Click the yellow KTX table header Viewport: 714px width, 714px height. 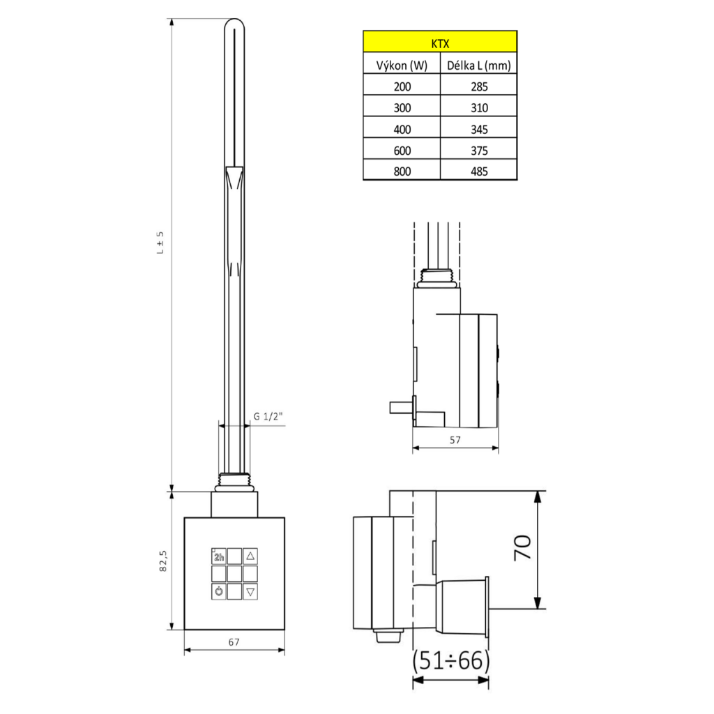coord(439,43)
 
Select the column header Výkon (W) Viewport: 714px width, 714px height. coord(402,66)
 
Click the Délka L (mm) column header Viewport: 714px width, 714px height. coord(478,66)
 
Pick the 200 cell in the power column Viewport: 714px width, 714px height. coord(402,86)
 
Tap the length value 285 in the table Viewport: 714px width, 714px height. coord(478,86)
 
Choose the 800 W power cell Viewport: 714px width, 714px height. coord(402,171)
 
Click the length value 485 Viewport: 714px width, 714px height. coord(478,171)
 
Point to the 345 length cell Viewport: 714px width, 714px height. coord(478,129)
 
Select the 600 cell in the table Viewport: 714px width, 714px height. coord(402,150)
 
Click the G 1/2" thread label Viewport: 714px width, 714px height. coord(268,416)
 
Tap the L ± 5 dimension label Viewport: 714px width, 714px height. coord(160,242)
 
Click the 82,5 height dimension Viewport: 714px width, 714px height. coord(162,561)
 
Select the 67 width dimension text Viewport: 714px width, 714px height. coord(234,642)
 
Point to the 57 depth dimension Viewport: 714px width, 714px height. coord(455,441)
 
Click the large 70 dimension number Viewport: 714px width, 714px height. coord(522,549)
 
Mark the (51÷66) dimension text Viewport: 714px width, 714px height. coord(451,660)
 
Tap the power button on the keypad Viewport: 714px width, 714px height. coord(219,591)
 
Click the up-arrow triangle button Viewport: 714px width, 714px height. coord(251,556)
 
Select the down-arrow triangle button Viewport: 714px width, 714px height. coord(251,591)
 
